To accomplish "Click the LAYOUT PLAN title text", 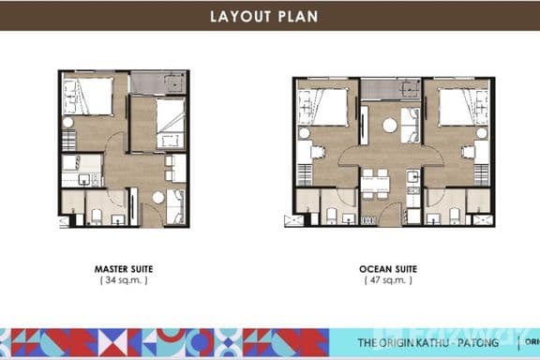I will [270, 15].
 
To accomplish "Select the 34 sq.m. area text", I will [125, 279].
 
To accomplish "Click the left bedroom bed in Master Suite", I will [89, 95].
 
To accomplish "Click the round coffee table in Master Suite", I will [158, 198].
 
